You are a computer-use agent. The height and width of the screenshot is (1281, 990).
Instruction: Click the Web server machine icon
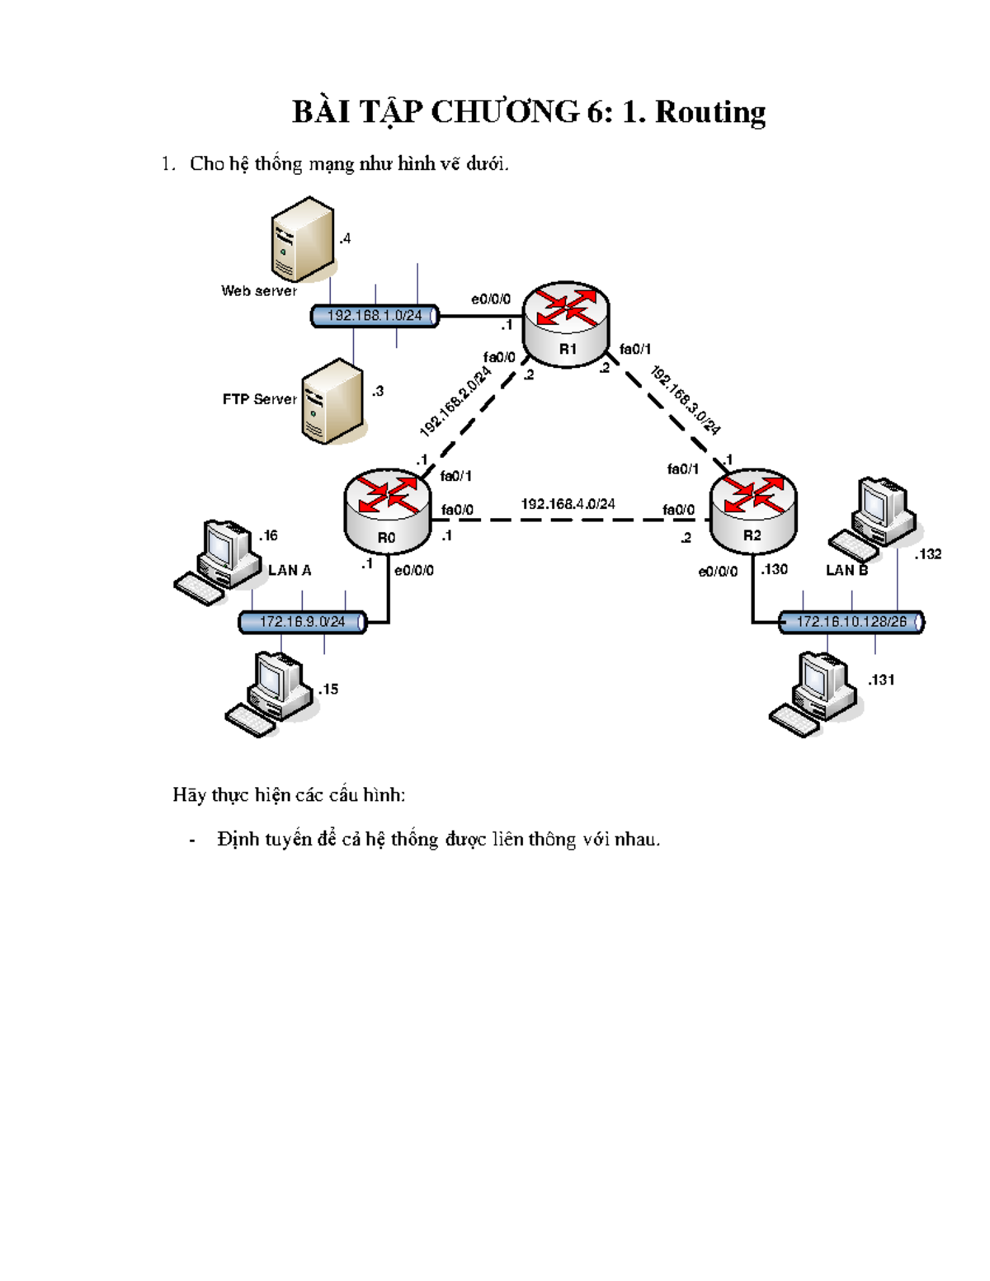[x=303, y=239]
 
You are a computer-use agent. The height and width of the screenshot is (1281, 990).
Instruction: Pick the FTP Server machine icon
[x=332, y=401]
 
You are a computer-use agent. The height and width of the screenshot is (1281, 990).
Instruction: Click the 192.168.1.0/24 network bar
[x=375, y=316]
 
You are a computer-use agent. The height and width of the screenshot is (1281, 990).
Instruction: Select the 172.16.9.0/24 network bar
[x=303, y=622]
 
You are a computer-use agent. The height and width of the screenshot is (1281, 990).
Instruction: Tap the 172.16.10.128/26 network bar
[x=851, y=622]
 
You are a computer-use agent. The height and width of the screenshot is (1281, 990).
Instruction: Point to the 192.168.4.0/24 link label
[x=568, y=504]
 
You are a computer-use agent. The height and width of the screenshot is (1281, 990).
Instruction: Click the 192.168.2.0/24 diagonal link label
[x=455, y=402]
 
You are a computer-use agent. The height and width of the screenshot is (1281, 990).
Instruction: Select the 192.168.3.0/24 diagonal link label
[x=686, y=400]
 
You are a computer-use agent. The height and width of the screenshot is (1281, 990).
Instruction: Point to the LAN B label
[x=846, y=570]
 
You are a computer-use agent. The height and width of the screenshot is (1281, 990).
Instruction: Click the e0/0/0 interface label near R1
[x=491, y=299]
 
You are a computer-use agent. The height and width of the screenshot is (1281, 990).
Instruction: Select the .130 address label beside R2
[x=775, y=569]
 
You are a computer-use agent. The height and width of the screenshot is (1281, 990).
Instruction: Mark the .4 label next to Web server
[x=345, y=238]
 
